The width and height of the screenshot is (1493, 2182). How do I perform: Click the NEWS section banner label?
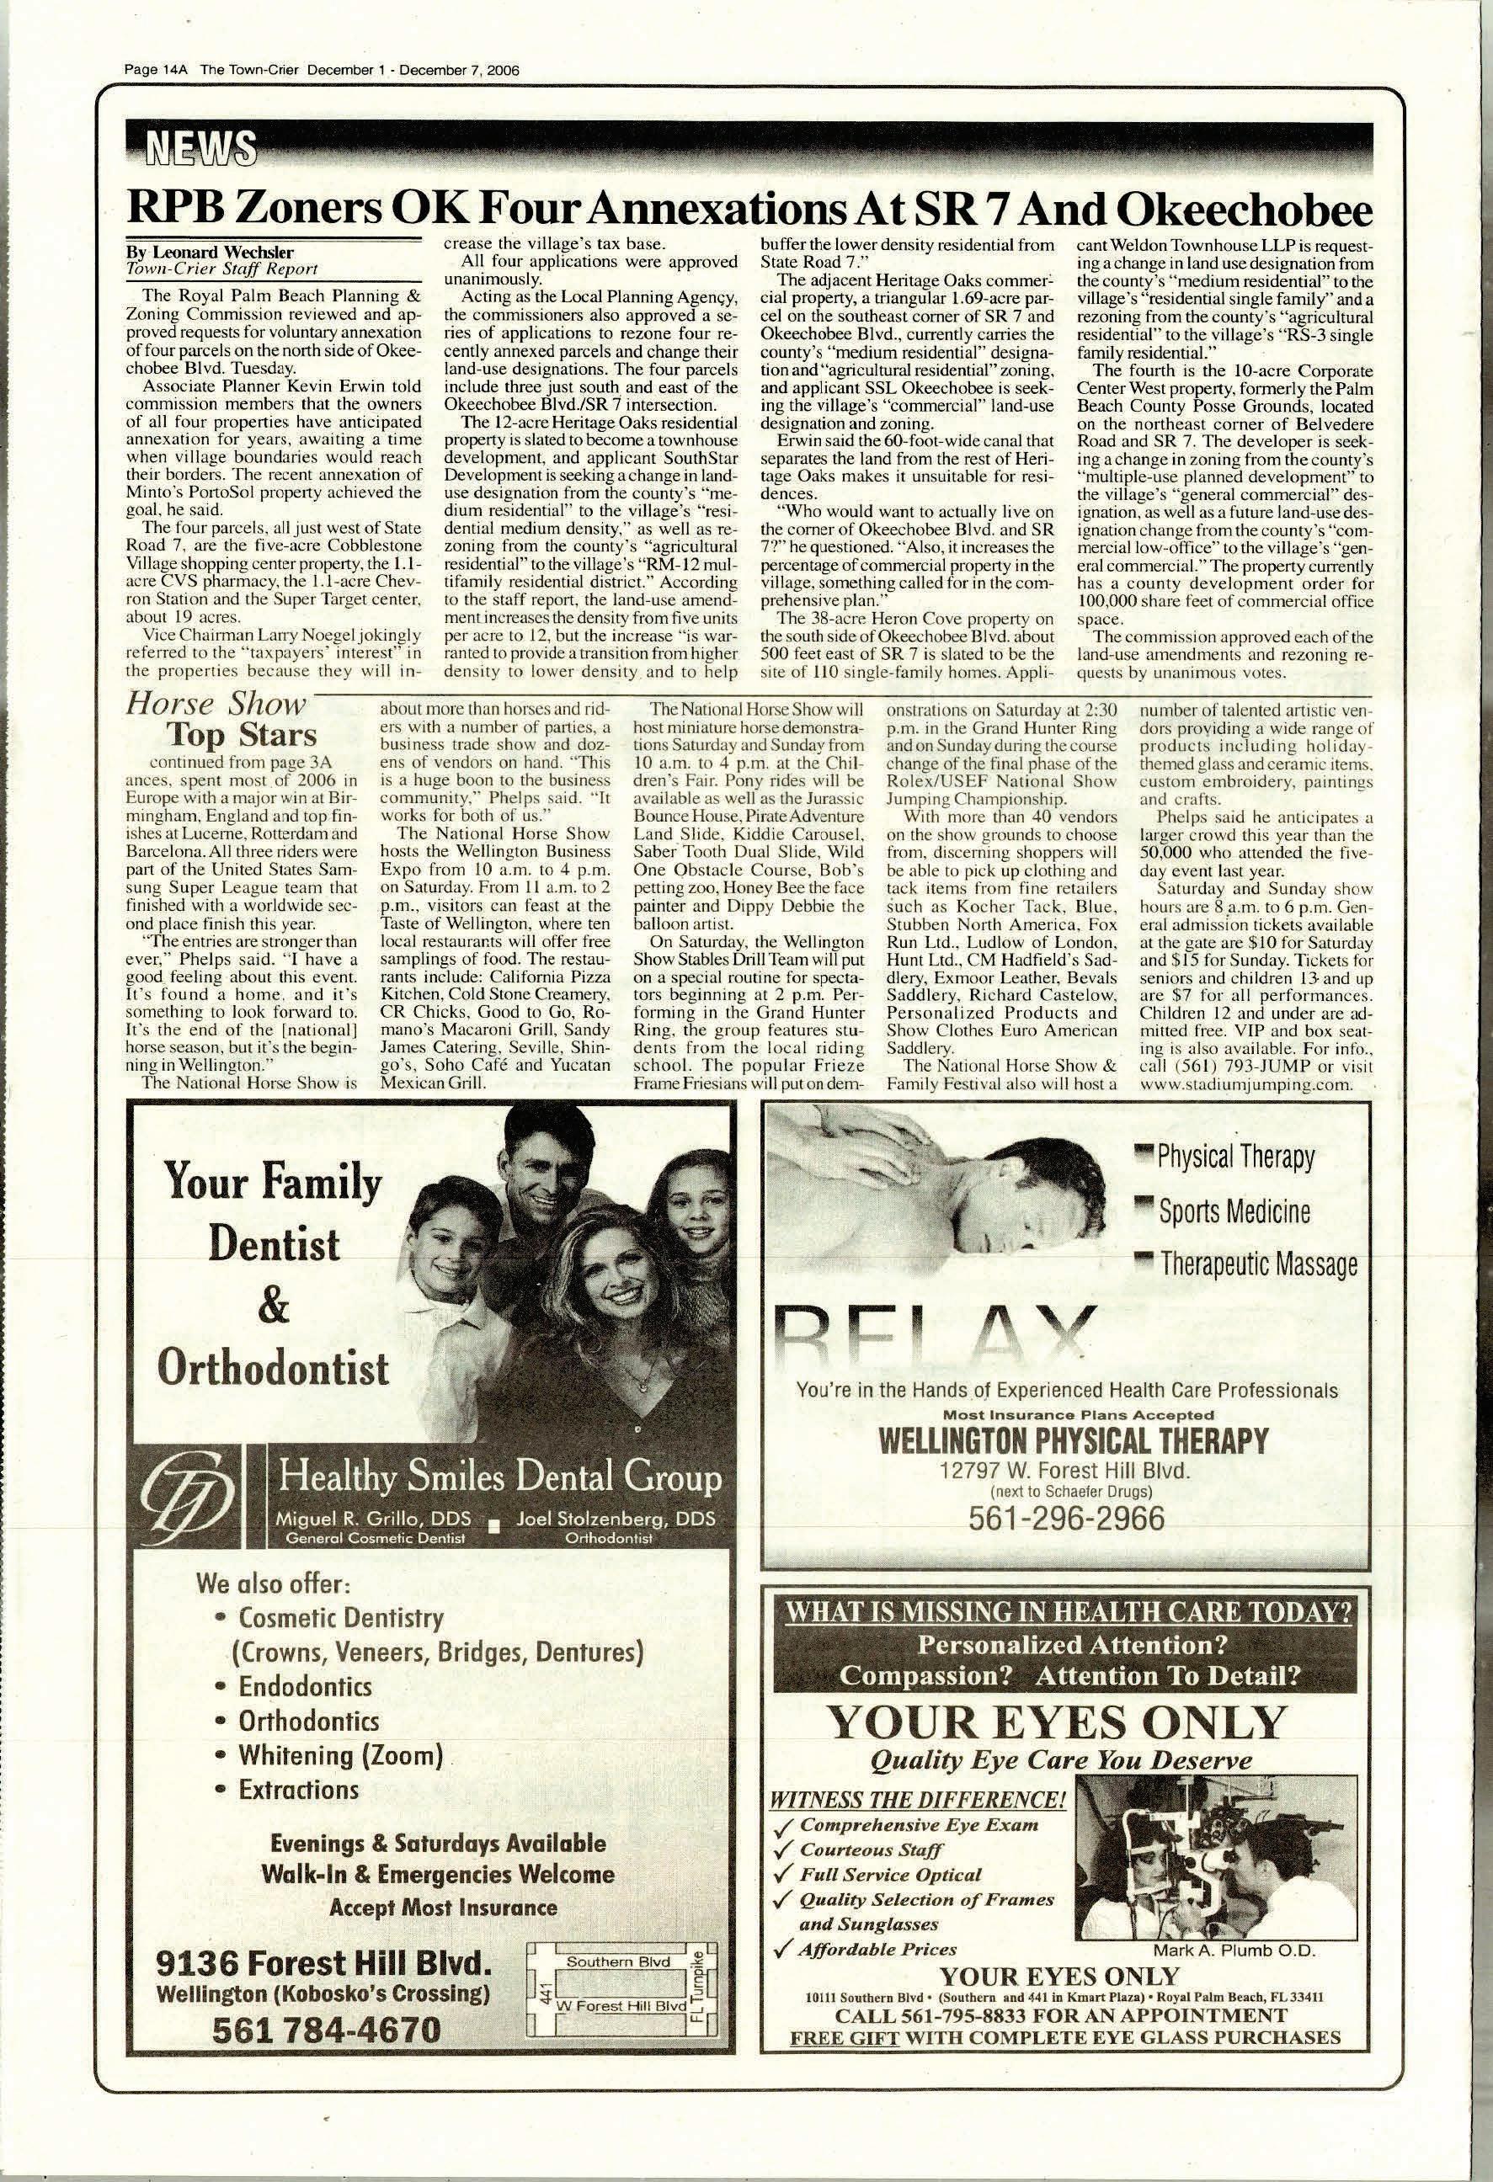tap(195, 146)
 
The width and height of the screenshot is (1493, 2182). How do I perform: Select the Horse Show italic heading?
tap(217, 704)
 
